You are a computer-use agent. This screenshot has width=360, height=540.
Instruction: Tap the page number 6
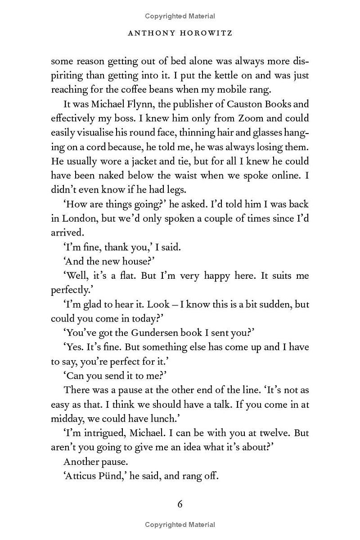pyautogui.click(x=180, y=504)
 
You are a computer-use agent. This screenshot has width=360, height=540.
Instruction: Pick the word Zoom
pyautogui.click(x=251, y=118)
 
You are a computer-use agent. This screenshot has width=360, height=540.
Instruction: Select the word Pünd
pyautogui.click(x=114, y=476)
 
